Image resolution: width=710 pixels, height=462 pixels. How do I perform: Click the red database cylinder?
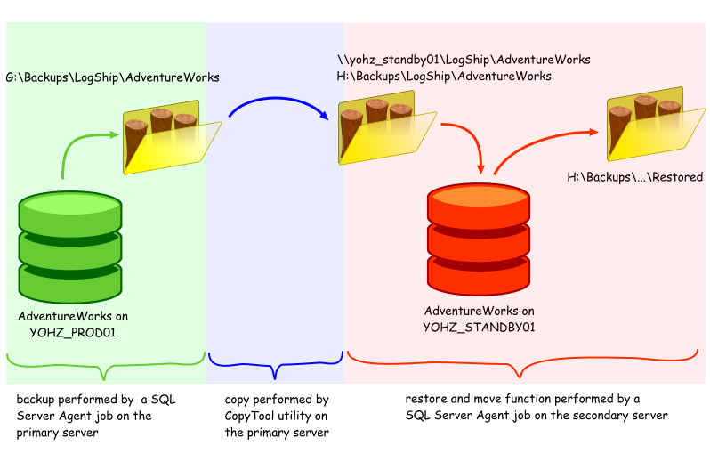click(x=479, y=236)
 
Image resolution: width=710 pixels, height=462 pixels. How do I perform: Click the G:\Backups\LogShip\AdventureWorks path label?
click(x=112, y=77)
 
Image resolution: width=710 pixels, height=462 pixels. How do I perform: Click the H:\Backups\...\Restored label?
click(x=634, y=177)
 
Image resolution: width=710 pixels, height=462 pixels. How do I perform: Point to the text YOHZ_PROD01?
click(x=73, y=332)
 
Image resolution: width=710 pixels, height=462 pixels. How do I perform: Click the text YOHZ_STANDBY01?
click(x=479, y=328)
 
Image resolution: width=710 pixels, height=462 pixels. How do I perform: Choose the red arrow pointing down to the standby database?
click(x=472, y=142)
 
